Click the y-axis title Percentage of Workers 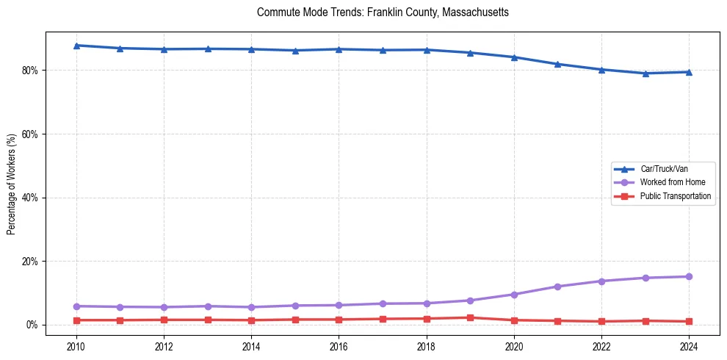coord(12,184)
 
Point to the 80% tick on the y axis coord(32,71)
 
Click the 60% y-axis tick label coord(32,134)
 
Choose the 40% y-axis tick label coord(32,198)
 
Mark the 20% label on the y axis coord(32,262)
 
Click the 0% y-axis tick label coord(34,325)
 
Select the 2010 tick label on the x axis coord(76,346)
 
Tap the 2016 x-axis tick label coord(339,346)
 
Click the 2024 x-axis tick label coord(689,346)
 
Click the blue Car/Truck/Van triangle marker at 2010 coord(76,46)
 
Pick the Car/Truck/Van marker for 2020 coord(514,57)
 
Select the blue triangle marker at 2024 coord(689,72)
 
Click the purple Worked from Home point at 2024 coord(689,277)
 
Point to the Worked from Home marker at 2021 coord(557,287)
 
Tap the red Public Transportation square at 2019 coord(470,317)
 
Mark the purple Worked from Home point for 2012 coord(164,307)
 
